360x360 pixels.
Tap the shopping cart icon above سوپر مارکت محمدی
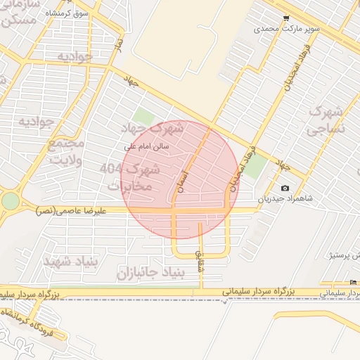[285, 18]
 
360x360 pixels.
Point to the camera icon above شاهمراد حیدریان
[285, 188]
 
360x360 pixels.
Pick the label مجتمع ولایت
[65, 150]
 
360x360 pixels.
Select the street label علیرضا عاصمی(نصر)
[71, 210]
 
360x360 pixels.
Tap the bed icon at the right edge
[353, 283]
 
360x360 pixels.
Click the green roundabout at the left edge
[10, 201]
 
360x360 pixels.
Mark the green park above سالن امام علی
[143, 116]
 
